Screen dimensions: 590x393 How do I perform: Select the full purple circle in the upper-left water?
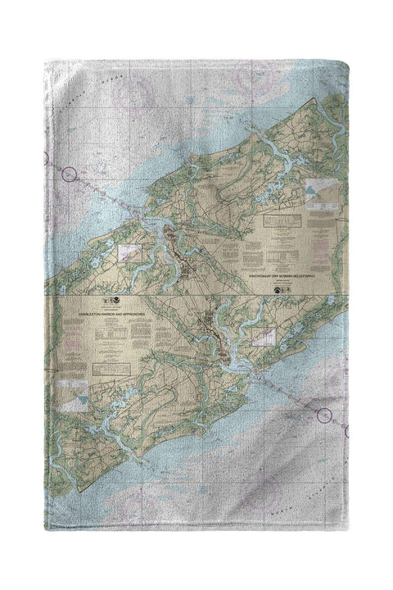[x=70, y=174]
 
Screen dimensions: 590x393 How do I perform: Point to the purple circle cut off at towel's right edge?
[x=347, y=431]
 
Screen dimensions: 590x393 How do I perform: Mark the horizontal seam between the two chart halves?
[x=196, y=296]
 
